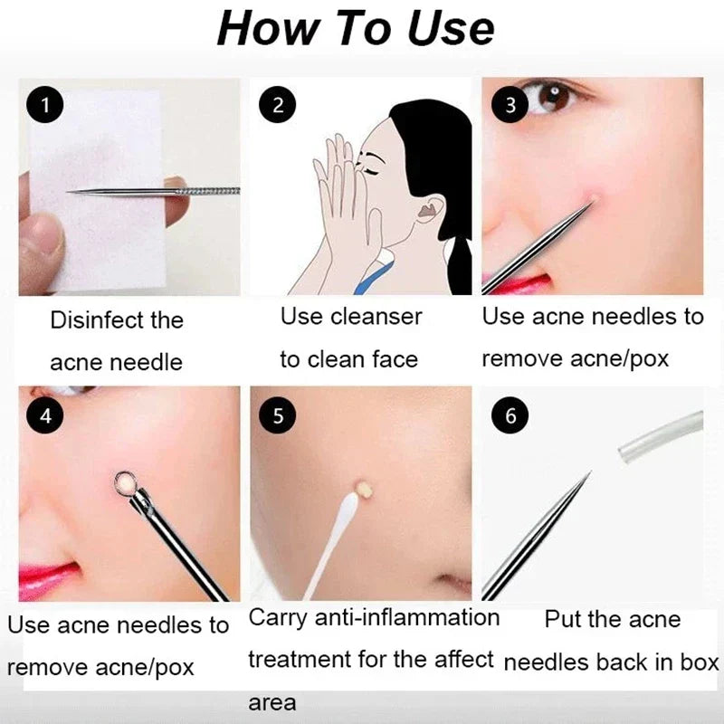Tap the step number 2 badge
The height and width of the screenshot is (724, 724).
(x=278, y=105)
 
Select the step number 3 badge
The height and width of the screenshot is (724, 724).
(x=510, y=105)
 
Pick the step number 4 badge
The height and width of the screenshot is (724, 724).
(x=45, y=415)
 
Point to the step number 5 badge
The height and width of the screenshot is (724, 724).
(x=278, y=415)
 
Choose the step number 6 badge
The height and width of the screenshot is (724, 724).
(x=510, y=415)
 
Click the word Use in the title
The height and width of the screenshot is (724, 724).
(x=443, y=28)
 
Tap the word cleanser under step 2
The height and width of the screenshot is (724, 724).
(x=376, y=317)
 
